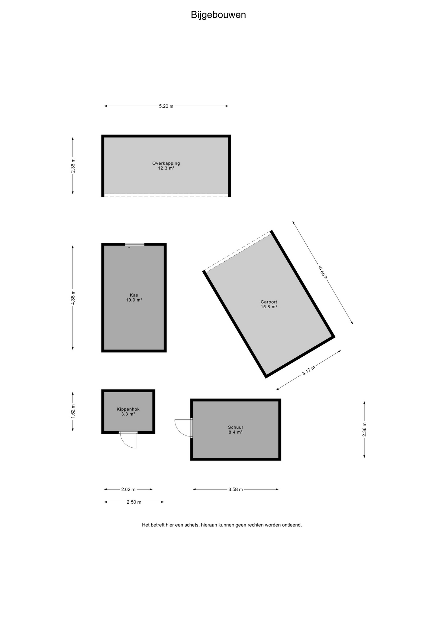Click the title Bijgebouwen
pyautogui.click(x=218, y=15)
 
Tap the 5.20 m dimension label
pyautogui.click(x=166, y=106)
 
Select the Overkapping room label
pyautogui.click(x=166, y=163)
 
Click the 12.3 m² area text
pyautogui.click(x=166, y=168)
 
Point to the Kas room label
pyautogui.click(x=134, y=295)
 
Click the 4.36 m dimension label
pyautogui.click(x=73, y=297)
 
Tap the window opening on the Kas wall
pyautogui.click(x=135, y=244)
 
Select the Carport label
pyautogui.click(x=269, y=302)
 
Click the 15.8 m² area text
pyautogui.click(x=269, y=307)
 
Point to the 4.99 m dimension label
pyautogui.click(x=323, y=272)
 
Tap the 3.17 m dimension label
pyautogui.click(x=308, y=370)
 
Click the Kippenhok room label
pyautogui.click(x=128, y=409)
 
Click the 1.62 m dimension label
pyautogui.click(x=73, y=412)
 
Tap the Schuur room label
pyautogui.click(x=236, y=427)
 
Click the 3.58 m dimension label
pyautogui.click(x=236, y=490)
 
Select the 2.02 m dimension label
pyautogui.click(x=128, y=490)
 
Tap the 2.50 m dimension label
pyautogui.click(x=134, y=502)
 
